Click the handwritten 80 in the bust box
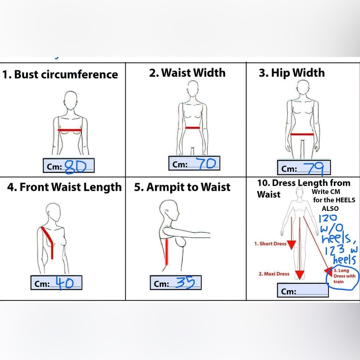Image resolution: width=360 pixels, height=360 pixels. pos(76,167)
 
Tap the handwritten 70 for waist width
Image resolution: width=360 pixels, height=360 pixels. pos(207,163)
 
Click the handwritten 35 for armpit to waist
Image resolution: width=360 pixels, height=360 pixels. pos(185,282)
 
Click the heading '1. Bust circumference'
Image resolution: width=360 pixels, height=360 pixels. pos(60,75)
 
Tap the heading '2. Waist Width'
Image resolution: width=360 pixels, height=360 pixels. pos(187,73)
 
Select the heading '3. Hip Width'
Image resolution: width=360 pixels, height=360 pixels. pos(292,73)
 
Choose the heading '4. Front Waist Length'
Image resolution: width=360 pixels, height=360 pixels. pos(64,187)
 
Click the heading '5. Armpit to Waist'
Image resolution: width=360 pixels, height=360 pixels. pos(182,187)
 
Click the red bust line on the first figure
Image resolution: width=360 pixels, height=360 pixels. pos(70,130)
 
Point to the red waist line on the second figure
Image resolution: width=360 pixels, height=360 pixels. pos(192,128)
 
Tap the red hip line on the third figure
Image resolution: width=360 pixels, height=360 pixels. pos(302,134)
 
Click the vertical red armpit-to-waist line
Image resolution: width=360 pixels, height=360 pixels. pos(167,251)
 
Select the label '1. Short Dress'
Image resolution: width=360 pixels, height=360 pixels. pos(270,244)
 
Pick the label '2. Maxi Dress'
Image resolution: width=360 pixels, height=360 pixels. pos(274,274)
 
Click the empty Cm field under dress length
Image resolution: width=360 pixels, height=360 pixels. pos(303,291)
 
